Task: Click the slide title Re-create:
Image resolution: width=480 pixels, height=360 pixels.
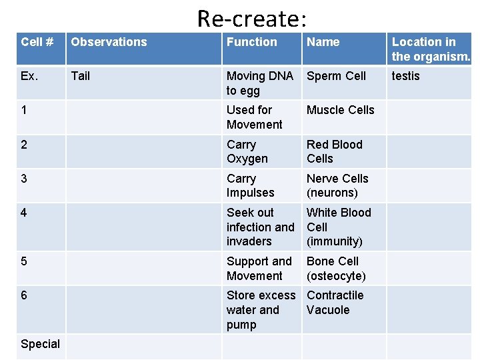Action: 252,18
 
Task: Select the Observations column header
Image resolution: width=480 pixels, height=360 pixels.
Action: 109,42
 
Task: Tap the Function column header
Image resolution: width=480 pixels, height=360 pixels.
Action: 251,42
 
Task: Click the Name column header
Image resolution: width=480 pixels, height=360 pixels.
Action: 323,42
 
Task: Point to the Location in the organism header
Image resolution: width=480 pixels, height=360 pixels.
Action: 431,49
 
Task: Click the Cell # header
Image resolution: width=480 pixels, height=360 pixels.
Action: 37,42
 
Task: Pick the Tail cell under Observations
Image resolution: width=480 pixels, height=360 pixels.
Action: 80,76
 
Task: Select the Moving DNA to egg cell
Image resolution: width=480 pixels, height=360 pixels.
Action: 259,83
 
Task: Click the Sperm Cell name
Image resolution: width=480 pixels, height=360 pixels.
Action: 336,76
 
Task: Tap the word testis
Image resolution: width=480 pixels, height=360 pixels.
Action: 405,76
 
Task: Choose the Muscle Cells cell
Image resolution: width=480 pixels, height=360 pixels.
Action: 340,110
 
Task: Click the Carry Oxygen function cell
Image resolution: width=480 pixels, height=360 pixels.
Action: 247,151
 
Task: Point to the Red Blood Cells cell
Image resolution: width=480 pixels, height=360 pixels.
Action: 334,151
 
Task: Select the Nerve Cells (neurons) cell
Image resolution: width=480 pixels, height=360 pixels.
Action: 337,185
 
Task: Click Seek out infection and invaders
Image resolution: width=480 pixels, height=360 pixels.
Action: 260,227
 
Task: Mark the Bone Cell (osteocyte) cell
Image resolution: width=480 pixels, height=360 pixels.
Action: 336,268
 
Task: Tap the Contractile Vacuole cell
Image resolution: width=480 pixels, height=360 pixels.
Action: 335,302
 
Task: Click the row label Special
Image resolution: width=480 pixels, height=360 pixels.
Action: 40,344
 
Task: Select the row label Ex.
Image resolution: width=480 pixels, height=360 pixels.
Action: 29,76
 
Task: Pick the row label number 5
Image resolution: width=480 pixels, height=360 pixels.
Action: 24,261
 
